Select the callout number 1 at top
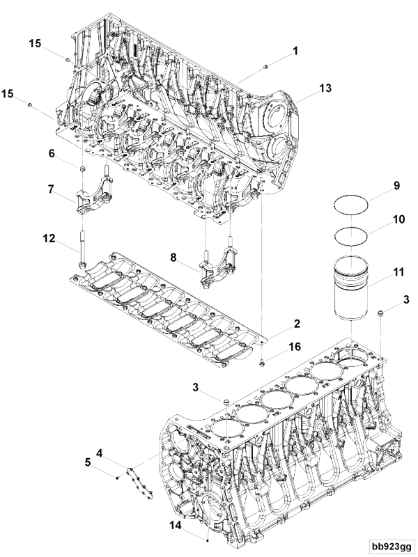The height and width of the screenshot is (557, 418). pyautogui.click(x=295, y=51)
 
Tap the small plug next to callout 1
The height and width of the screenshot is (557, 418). pyautogui.click(x=265, y=67)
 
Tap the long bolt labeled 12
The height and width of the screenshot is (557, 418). pyautogui.click(x=82, y=248)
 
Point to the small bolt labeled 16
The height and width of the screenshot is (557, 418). pyautogui.click(x=261, y=362)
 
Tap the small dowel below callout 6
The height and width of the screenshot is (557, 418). pyautogui.click(x=82, y=169)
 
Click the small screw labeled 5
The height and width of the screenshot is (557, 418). pyautogui.click(x=119, y=477)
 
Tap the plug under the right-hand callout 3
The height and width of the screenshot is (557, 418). pyautogui.click(x=382, y=315)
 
